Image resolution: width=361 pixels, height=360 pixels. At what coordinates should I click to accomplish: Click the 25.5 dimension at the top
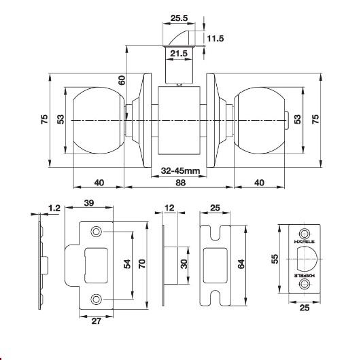pos(179,18)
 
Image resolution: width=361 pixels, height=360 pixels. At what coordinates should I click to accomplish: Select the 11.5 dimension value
pos(216,39)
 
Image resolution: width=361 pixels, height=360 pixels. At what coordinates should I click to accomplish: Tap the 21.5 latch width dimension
pos(179,54)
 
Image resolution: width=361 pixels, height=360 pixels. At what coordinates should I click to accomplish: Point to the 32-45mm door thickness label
pos(180,171)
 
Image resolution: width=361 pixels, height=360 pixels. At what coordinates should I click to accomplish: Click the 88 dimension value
pos(181,183)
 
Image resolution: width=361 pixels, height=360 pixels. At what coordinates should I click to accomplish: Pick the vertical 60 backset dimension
pos(122,80)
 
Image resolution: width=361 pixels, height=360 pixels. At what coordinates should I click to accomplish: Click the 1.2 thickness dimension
pos(54,208)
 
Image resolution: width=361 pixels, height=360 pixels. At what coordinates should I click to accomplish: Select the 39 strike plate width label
pos(89,203)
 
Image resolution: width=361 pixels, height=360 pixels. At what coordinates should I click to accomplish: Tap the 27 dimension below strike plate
pos(97,321)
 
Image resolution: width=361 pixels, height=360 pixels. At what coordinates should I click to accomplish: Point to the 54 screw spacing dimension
pos(127,264)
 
